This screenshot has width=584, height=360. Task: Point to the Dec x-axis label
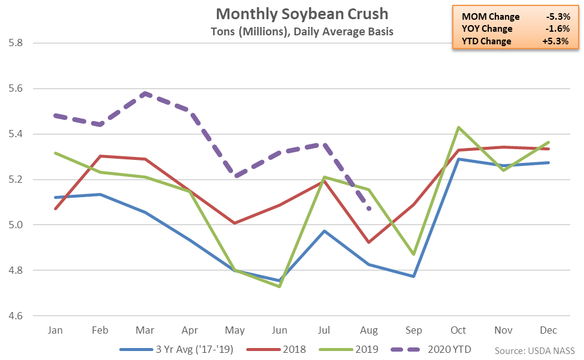[x=548, y=331]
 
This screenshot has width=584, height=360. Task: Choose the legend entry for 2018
[x=289, y=349]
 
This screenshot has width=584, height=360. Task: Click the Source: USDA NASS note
[x=535, y=350]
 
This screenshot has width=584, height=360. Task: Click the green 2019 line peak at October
[x=458, y=127]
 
